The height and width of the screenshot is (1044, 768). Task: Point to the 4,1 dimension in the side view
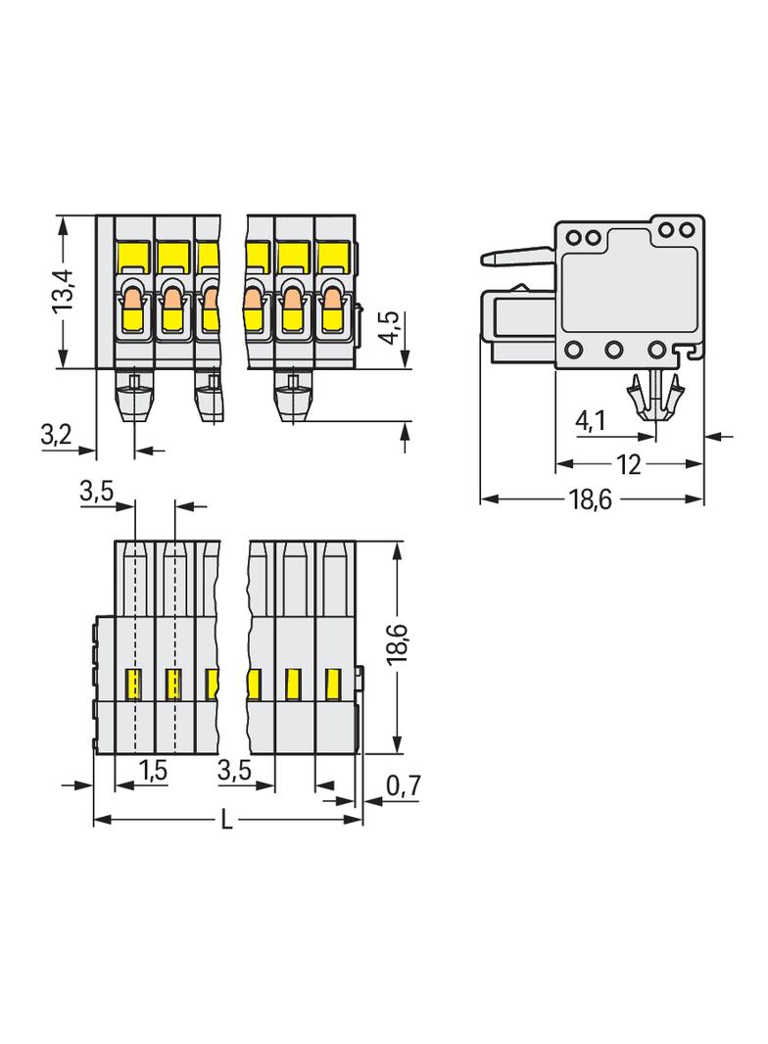pos(591,421)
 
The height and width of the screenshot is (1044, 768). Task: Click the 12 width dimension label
pos(629,465)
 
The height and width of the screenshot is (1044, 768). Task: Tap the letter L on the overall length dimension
pos(226,821)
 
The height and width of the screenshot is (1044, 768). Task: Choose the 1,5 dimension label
pos(153,772)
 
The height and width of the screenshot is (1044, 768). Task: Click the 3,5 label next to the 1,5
pos(235,772)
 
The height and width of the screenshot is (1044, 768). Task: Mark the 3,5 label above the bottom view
pos(97,493)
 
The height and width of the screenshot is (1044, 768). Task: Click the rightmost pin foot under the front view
pos(291,399)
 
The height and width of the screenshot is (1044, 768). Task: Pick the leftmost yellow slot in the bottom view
pos(134,682)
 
